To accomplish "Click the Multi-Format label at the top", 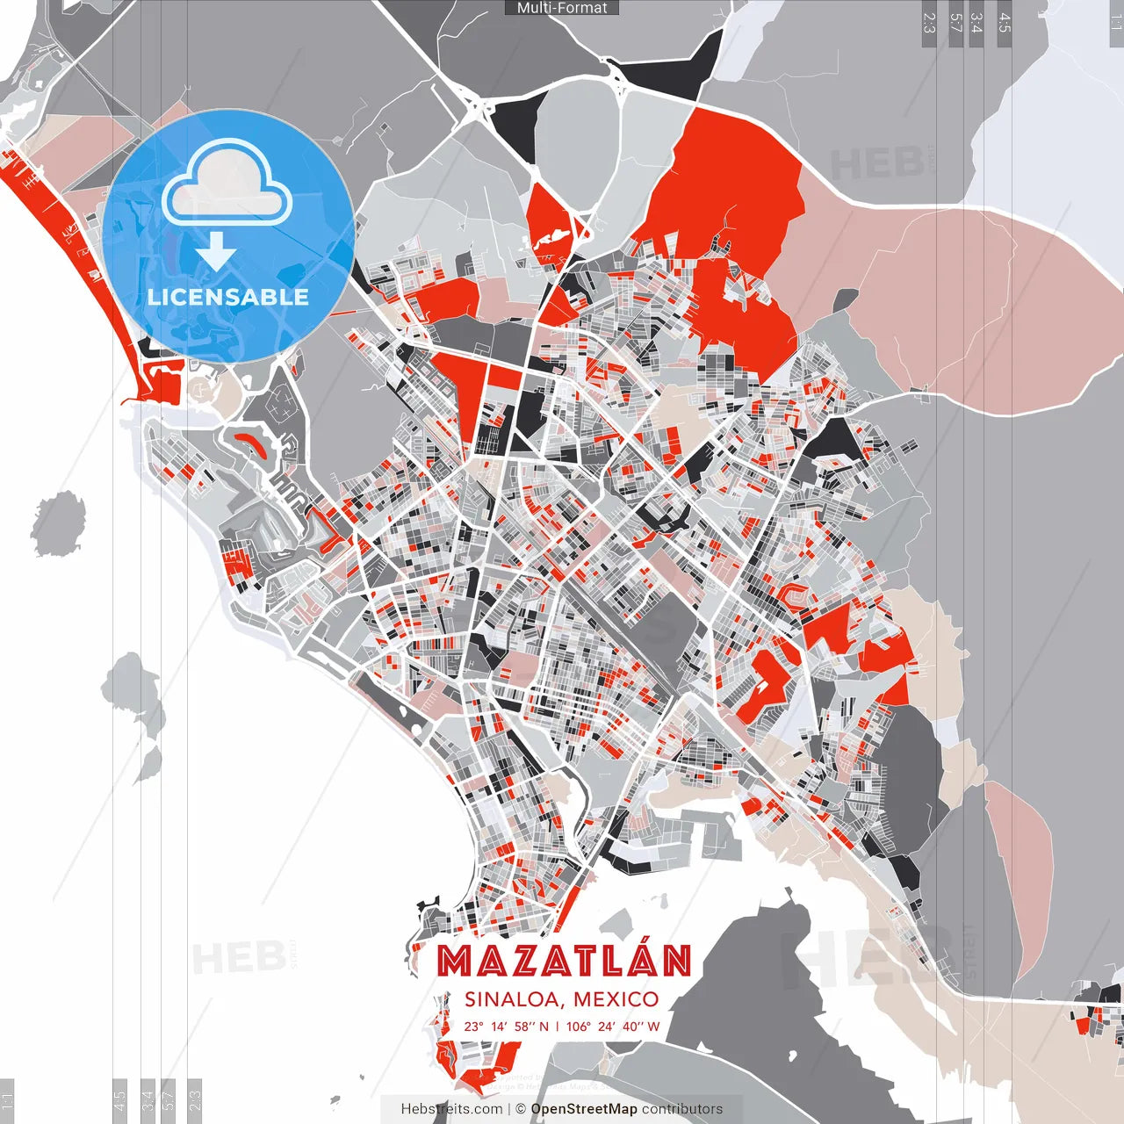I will [562, 8].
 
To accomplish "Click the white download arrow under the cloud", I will [216, 255].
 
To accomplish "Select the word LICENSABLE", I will [228, 297].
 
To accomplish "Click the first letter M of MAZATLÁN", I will [455, 962].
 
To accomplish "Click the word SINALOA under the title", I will [514, 999].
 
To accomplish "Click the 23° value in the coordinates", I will [473, 1027].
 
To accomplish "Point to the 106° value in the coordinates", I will [579, 1027].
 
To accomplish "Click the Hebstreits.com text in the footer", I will [452, 1109].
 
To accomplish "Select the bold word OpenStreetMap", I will [584, 1109].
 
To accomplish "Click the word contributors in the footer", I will [682, 1109].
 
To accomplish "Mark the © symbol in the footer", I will [521, 1109].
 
